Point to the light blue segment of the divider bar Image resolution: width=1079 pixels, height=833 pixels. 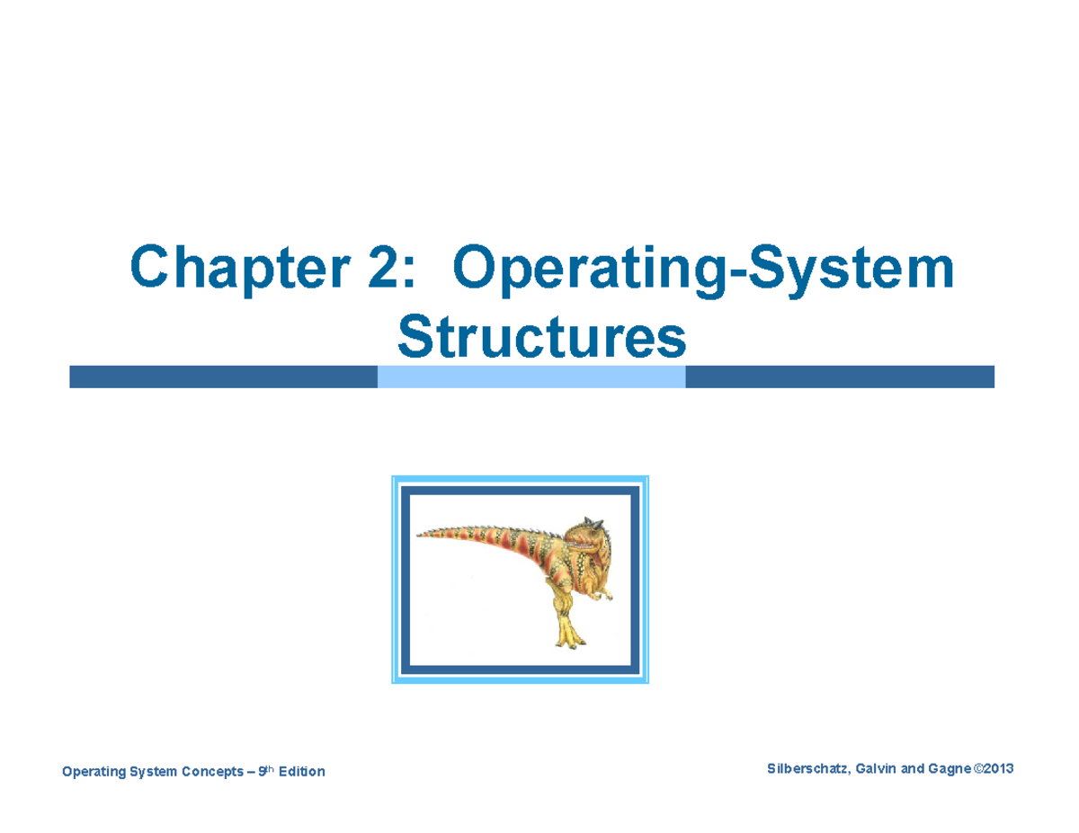pos(531,377)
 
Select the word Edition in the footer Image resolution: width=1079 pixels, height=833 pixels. pos(302,772)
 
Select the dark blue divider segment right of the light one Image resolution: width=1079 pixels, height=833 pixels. pos(839,377)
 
